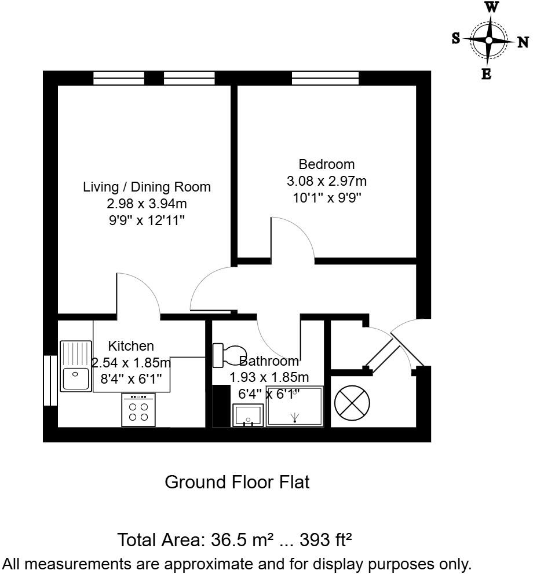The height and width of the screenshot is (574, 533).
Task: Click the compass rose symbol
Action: pos(489,41)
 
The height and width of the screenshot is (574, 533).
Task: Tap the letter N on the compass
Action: pos(523,41)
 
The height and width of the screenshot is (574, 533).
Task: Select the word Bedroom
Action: pos(326,164)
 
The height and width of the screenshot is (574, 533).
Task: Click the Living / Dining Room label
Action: pos(147,187)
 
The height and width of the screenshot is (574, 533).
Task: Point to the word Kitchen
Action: pos(132,346)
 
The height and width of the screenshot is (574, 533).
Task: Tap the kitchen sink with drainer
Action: pos(76,366)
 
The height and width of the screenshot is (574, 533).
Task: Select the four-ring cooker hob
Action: pos(138,410)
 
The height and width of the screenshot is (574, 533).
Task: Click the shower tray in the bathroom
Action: pos(294,407)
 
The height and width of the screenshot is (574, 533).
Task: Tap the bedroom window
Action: pos(325,78)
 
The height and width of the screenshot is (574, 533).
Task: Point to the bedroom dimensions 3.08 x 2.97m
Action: pos(326,181)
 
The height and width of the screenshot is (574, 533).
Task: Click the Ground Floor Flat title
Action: pos(238,482)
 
